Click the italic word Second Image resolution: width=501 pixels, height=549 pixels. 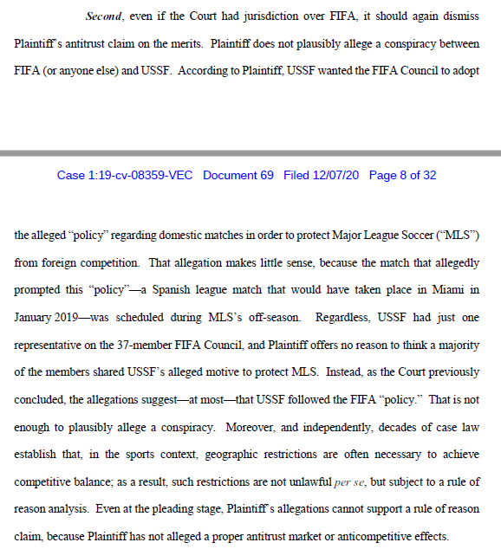106,16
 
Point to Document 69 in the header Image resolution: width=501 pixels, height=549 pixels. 237,175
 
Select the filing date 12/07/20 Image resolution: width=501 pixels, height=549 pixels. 335,175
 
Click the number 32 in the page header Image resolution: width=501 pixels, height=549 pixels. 427,175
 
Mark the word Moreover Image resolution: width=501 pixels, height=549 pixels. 250,427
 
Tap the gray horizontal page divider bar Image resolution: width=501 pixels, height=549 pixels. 250,152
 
